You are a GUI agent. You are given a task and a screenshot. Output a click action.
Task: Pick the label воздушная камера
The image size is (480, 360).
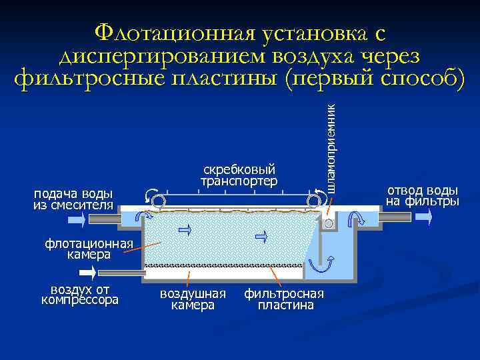(193, 299)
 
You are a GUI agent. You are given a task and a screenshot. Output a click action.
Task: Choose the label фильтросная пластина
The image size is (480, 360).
(284, 299)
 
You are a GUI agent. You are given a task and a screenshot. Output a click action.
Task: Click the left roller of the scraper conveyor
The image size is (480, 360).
(158, 201)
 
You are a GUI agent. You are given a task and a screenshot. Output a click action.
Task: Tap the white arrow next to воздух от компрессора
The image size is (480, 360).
(87, 272)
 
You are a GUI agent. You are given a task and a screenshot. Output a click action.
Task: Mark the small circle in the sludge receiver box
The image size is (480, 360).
(328, 224)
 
